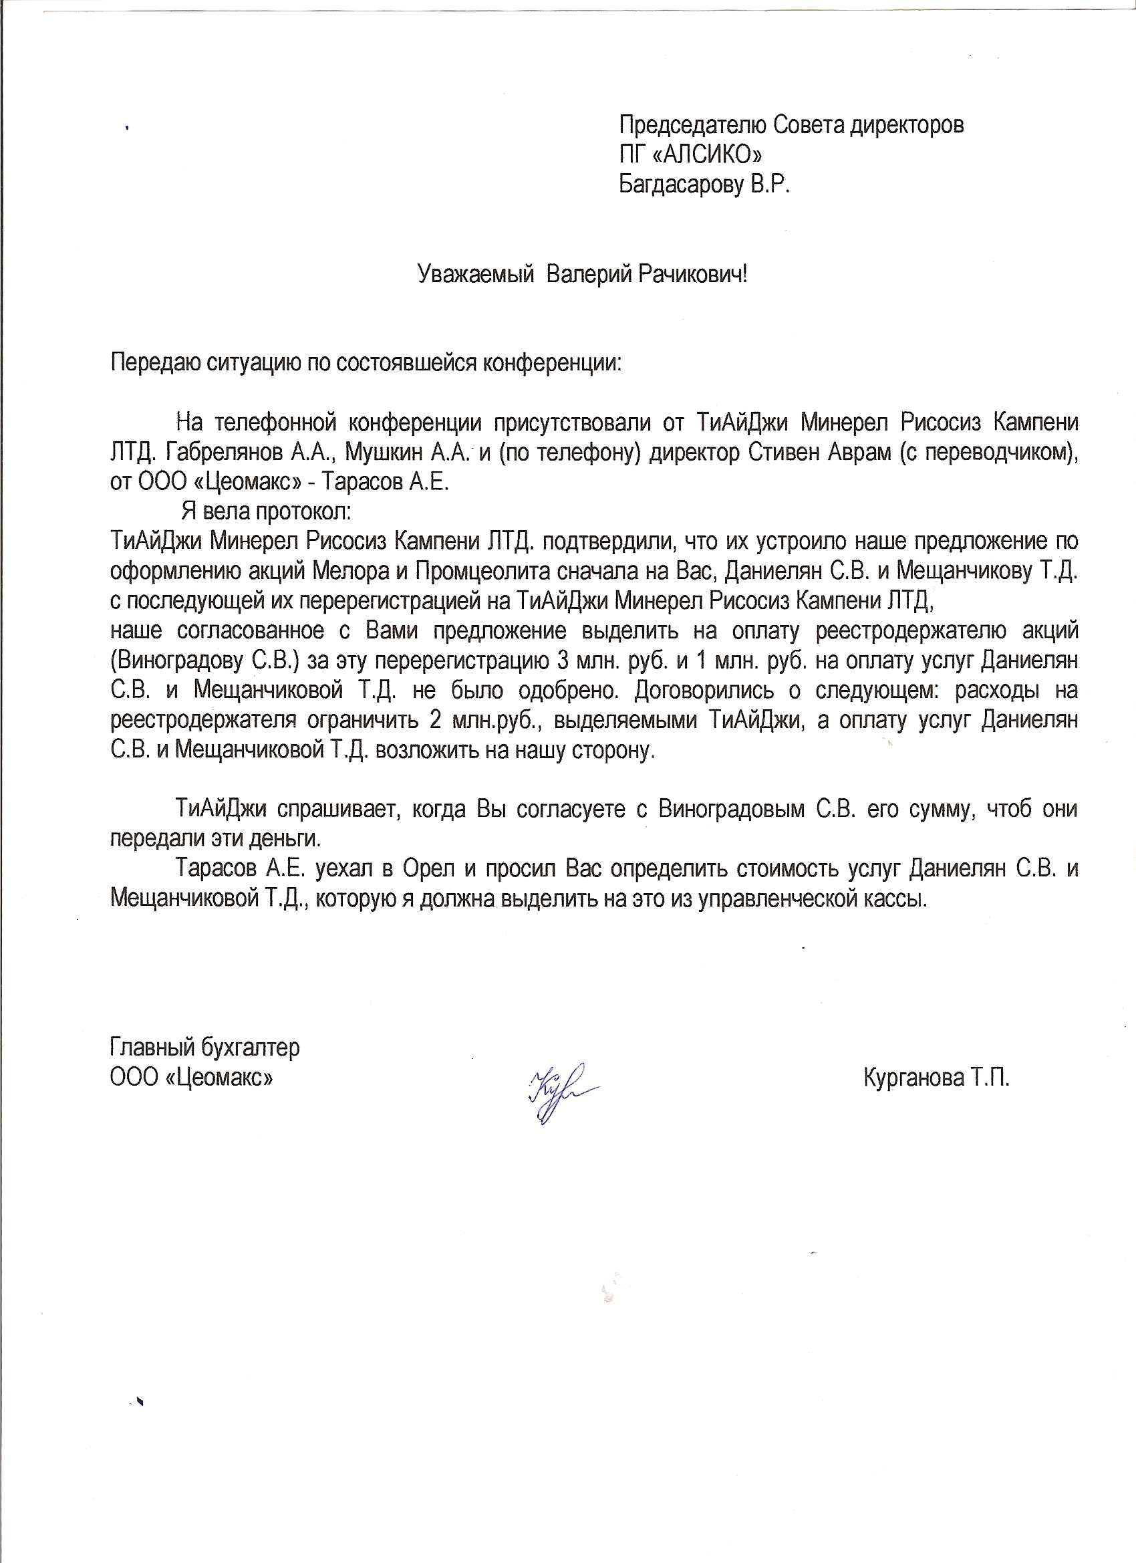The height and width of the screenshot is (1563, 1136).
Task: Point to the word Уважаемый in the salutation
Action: click(476, 275)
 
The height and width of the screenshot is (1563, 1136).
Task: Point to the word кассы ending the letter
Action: click(897, 898)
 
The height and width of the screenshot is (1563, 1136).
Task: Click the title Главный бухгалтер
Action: click(204, 1048)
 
